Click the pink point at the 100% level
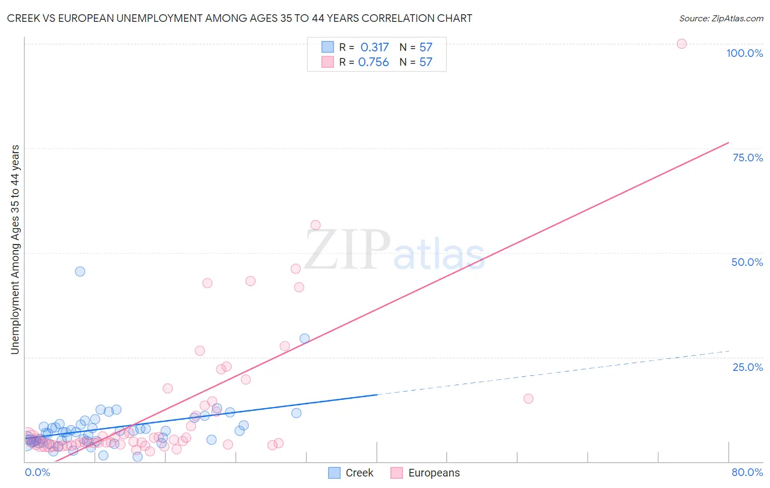point(681,44)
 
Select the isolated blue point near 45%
point(80,271)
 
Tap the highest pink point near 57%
point(315,225)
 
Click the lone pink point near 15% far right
point(528,398)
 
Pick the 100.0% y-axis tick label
point(744,53)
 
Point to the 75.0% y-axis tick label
point(748,158)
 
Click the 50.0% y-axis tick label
point(747,262)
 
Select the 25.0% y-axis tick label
point(748,367)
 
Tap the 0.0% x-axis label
point(37,472)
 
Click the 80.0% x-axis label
point(747,472)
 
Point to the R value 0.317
point(375,47)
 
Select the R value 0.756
point(373,62)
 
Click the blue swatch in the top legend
point(327,47)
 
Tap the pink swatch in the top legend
point(327,62)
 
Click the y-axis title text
point(15,249)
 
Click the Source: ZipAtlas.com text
point(721,18)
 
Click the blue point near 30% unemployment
point(304,339)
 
